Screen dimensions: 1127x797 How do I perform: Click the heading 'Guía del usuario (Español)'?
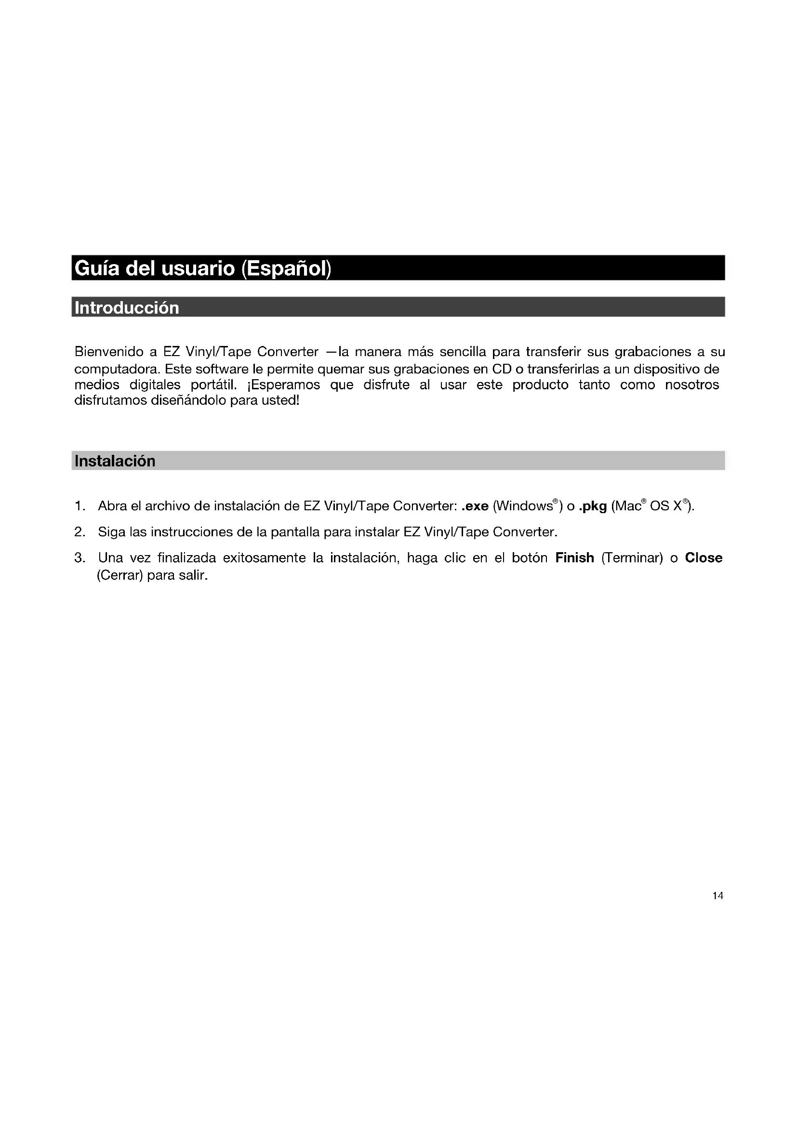(203, 268)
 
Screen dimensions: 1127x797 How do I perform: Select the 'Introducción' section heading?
(127, 308)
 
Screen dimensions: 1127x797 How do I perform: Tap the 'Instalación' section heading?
(115, 461)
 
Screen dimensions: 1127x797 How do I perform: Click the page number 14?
(717, 896)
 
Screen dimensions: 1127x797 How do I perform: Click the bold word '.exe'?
(475, 506)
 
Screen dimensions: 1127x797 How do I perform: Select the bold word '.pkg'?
(593, 506)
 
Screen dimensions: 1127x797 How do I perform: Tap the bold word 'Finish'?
(575, 558)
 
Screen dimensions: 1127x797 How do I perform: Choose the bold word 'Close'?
(703, 558)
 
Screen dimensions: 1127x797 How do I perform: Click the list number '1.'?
(80, 506)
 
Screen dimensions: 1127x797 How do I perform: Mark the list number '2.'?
(80, 532)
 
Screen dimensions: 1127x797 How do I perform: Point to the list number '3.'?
(80, 558)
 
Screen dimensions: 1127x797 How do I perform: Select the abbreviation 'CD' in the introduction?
(502, 369)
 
